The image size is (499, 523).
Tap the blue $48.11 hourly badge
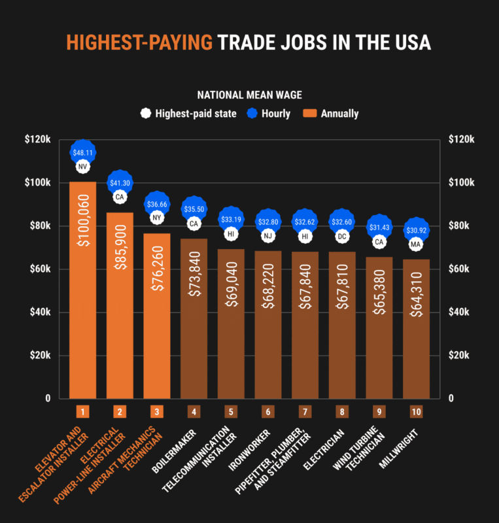pos(83,152)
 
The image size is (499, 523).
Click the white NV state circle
pos(82,167)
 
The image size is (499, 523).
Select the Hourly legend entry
pos(268,114)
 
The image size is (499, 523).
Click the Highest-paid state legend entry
pos(188,114)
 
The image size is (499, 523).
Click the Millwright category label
pos(400,445)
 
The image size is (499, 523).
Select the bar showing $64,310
pos(416,327)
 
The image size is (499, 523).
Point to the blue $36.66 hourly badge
pos(157,204)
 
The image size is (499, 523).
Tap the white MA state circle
pos(416,245)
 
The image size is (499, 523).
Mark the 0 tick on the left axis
pos(47,398)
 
